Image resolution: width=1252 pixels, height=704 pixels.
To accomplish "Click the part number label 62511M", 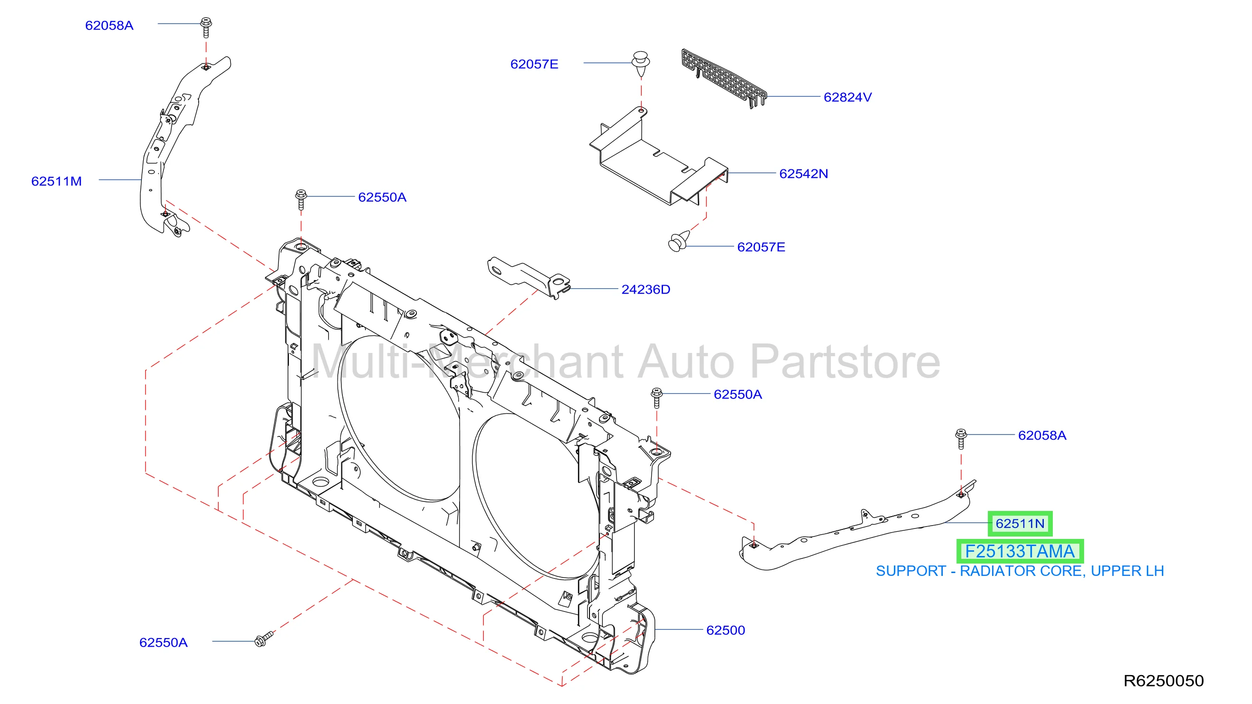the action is pos(56,181).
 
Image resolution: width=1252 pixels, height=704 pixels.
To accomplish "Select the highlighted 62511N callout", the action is pos(1020,524).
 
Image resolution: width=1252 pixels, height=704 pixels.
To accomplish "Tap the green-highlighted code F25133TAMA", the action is pos(1020,551).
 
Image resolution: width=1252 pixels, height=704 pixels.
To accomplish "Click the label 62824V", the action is pos(847,97).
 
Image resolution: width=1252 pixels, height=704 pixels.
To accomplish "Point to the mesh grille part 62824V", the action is pos(724,78).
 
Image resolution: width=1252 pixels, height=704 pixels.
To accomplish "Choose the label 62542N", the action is pos(803,174).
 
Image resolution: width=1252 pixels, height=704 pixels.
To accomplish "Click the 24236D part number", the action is pos(645,289).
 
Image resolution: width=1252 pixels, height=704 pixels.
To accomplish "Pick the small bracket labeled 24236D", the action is pos(529,277).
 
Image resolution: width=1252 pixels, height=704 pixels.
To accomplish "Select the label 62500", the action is pos(725,630).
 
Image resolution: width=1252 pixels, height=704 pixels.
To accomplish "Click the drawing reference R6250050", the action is pos(1163,681).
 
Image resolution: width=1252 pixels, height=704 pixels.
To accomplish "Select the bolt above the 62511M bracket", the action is pos(206,27).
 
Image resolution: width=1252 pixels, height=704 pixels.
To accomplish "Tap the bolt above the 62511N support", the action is pos(961,438).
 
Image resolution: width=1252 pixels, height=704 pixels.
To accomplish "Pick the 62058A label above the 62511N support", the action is pos(1042,435).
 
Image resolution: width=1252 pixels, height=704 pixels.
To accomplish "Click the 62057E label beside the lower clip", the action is pos(761,247).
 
